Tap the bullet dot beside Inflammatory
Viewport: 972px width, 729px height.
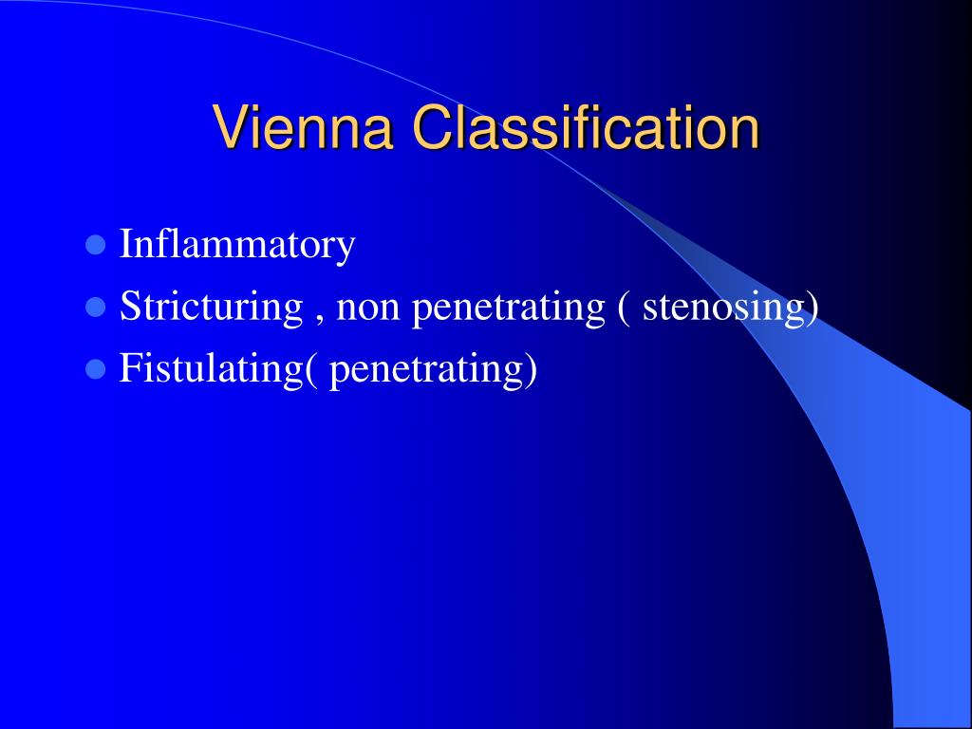[95, 246]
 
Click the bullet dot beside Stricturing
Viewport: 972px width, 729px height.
[95, 308]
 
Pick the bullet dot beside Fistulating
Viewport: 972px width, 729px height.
[95, 369]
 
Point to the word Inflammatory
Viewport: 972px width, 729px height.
[237, 245]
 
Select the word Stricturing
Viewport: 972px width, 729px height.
[211, 307]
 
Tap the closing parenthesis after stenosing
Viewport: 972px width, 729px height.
[813, 308]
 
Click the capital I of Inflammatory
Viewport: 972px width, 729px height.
[125, 245]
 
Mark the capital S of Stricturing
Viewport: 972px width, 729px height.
[129, 307]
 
